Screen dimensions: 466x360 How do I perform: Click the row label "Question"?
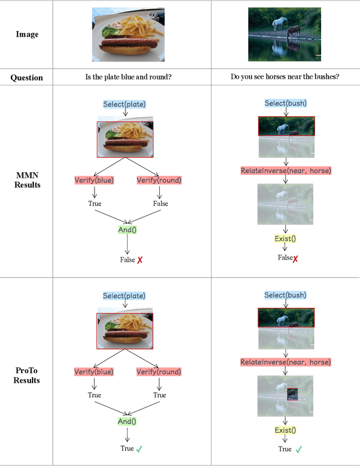pos(26,77)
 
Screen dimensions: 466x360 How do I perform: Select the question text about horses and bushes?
pos(285,77)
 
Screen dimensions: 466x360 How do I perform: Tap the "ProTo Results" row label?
pos(27,376)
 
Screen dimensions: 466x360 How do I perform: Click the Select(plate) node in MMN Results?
pos(124,104)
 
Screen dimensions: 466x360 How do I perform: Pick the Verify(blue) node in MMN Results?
pos(94,181)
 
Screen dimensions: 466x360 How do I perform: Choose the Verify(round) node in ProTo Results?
pos(159,372)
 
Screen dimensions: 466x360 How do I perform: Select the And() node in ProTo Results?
pos(127,422)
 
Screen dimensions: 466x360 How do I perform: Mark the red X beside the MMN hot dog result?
pos(139,261)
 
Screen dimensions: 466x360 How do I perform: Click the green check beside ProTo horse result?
pos(299,449)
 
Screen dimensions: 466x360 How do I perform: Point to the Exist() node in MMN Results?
pos(285,239)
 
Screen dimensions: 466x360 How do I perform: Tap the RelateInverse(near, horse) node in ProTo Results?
pos(286,362)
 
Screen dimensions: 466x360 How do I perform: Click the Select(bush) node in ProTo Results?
pos(286,295)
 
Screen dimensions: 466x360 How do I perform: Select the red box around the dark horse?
pos(291,394)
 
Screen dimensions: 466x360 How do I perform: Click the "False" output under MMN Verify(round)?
pos(160,204)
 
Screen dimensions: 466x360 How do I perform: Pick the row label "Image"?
pos(26,34)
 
